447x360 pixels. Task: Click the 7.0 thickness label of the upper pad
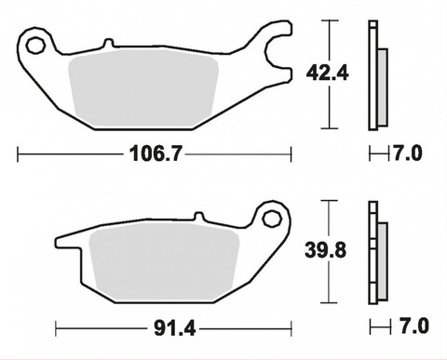tap(410, 152)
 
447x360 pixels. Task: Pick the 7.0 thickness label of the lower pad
tap(410, 328)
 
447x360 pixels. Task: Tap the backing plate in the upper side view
tap(373, 74)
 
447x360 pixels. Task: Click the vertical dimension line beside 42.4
tap(328, 73)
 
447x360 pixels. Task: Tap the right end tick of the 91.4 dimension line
tap(292, 328)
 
